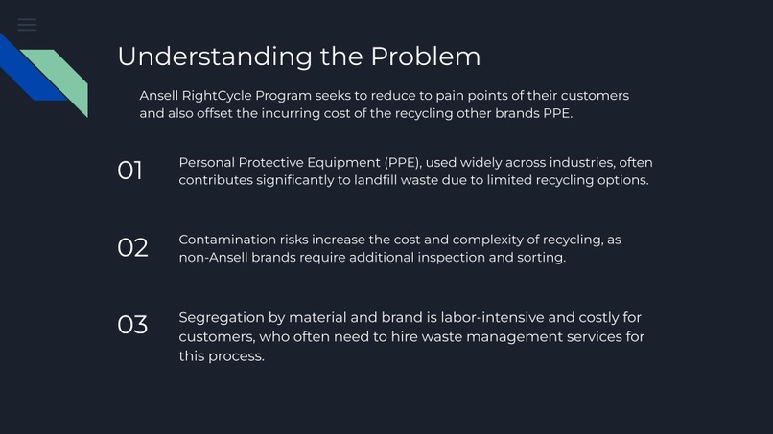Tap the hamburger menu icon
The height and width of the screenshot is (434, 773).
point(27,25)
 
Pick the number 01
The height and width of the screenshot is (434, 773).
point(130,171)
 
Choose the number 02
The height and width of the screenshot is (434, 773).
point(132,248)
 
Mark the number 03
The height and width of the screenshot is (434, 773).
point(132,326)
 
